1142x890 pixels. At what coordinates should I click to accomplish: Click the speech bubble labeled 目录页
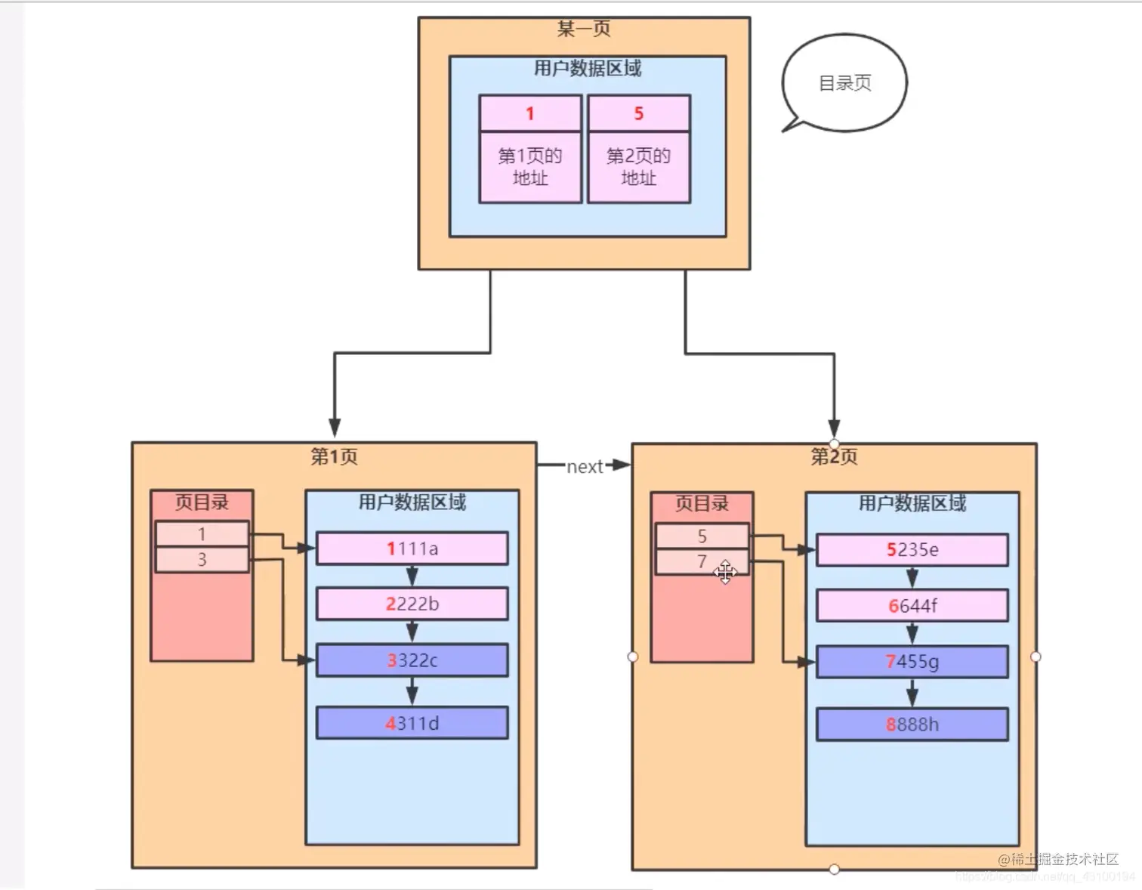pyautogui.click(x=844, y=83)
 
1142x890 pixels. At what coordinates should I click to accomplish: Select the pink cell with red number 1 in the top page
pyautogui.click(x=530, y=113)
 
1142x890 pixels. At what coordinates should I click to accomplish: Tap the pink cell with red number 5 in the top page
pyautogui.click(x=639, y=113)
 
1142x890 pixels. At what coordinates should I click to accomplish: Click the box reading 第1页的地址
pyautogui.click(x=530, y=167)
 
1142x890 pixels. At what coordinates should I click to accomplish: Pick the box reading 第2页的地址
pyautogui.click(x=639, y=167)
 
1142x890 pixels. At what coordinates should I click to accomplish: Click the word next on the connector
pyautogui.click(x=585, y=467)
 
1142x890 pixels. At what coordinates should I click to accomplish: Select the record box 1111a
pyautogui.click(x=412, y=549)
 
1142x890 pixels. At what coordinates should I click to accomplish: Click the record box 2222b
pyautogui.click(x=412, y=604)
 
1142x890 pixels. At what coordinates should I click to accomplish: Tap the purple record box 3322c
pyautogui.click(x=412, y=660)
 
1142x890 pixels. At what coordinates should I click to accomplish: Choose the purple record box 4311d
pyautogui.click(x=412, y=723)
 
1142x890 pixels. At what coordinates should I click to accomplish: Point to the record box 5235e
pyautogui.click(x=912, y=550)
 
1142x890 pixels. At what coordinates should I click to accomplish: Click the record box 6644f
pyautogui.click(x=912, y=606)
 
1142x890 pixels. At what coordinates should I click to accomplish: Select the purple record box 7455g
pyautogui.click(x=912, y=662)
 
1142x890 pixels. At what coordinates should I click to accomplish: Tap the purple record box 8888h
pyautogui.click(x=912, y=725)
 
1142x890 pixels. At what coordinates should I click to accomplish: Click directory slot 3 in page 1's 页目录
pyautogui.click(x=202, y=560)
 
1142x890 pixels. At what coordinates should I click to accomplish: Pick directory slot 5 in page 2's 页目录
pyautogui.click(x=702, y=536)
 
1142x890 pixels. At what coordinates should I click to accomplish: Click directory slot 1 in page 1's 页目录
pyautogui.click(x=202, y=534)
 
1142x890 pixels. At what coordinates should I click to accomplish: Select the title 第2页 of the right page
pyautogui.click(x=834, y=456)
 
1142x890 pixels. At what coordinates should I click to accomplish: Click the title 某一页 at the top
pyautogui.click(x=584, y=29)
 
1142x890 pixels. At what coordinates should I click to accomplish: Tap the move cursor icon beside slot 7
pyautogui.click(x=725, y=573)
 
